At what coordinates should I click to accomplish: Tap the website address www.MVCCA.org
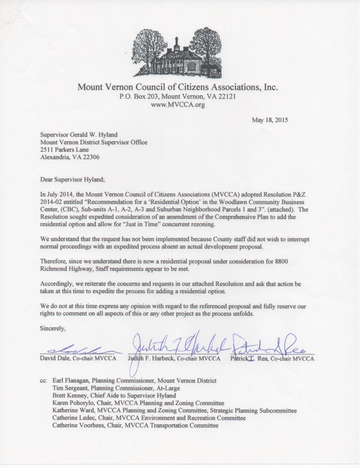[178, 105]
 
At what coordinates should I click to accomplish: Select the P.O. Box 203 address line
[177, 97]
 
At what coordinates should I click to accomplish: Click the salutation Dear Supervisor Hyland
[72, 179]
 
